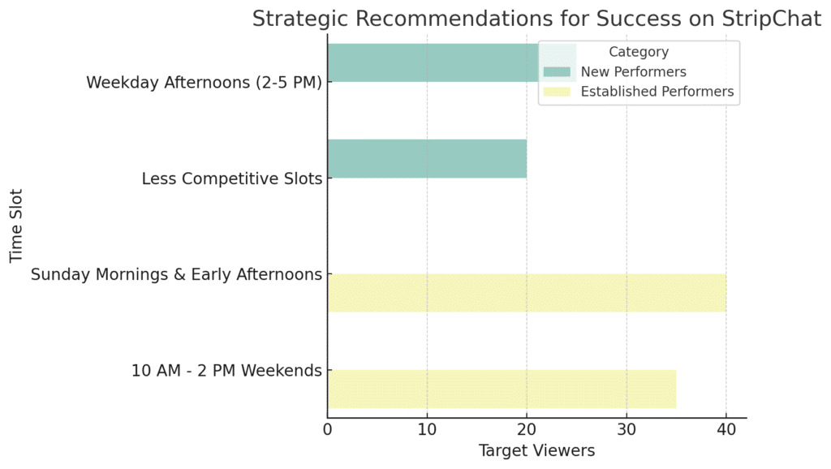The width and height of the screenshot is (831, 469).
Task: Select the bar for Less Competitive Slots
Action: click(427, 158)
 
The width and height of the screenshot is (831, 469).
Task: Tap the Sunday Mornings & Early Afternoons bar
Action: click(527, 293)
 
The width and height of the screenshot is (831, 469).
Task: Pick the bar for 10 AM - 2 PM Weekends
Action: click(502, 389)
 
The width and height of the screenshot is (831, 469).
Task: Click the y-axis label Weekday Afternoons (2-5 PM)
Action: click(204, 83)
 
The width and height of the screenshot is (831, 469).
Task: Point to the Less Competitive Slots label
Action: click(231, 179)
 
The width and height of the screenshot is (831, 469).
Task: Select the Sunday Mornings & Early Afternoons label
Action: click(176, 274)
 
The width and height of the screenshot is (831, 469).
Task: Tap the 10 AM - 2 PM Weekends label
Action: click(226, 371)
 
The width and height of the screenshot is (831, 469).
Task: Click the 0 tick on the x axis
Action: click(328, 429)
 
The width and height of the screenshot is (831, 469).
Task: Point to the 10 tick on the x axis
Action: click(427, 429)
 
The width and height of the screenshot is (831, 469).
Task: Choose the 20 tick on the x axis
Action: click(527, 429)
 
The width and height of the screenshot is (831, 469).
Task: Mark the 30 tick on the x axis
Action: click(626, 429)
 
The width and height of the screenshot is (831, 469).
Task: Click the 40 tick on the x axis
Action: click(726, 429)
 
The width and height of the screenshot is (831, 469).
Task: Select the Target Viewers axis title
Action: click(537, 450)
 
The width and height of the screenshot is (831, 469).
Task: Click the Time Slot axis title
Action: click(16, 226)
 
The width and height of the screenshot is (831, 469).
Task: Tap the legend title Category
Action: click(639, 52)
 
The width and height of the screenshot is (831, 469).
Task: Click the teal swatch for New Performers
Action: click(557, 71)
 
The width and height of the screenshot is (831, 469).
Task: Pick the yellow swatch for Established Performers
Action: click(557, 92)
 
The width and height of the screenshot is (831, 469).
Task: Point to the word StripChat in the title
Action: click(771, 19)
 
